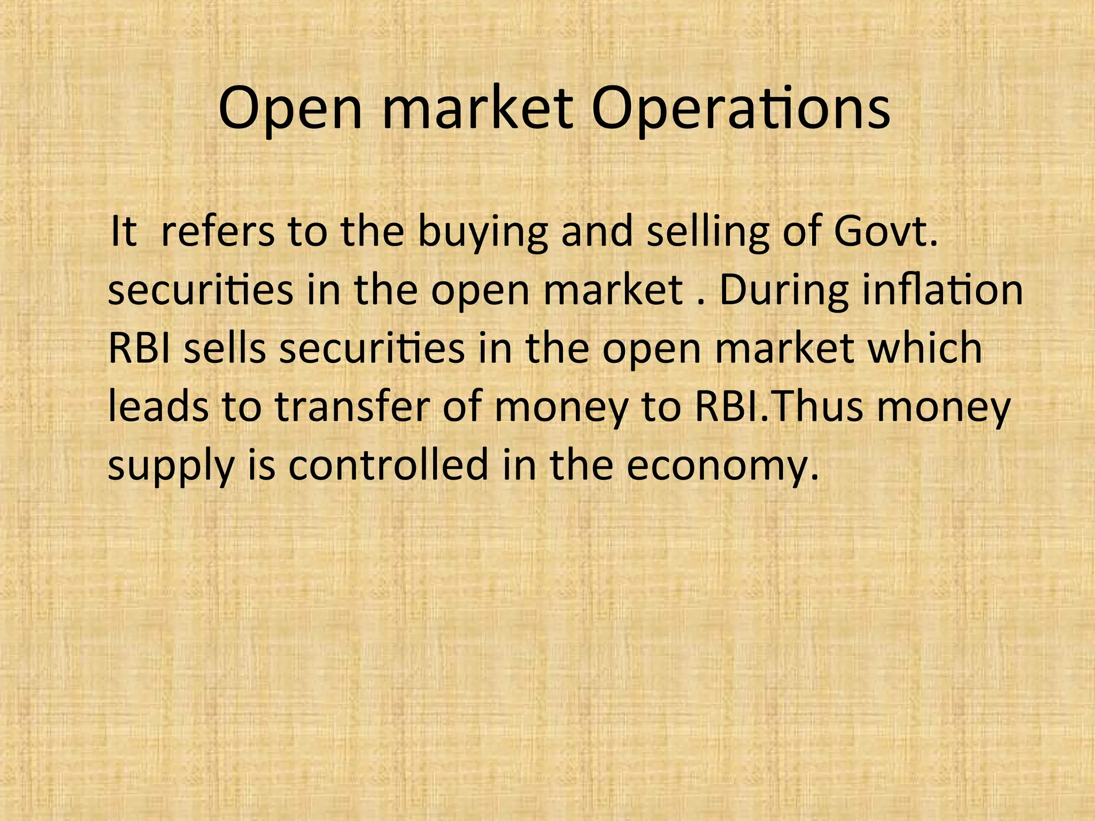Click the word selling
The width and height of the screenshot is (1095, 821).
click(708, 234)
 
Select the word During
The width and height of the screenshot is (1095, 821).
click(784, 291)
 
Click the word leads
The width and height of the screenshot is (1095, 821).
click(158, 407)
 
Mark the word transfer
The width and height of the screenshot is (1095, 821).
click(352, 407)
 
